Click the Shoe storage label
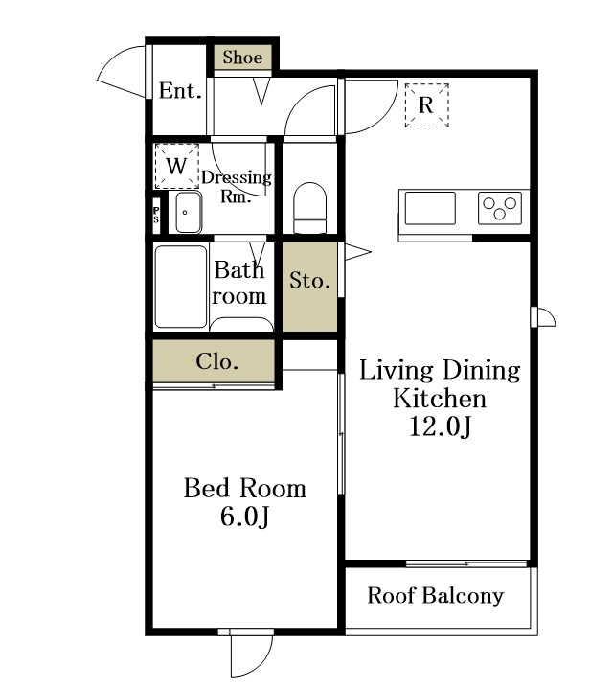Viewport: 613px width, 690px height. pyautogui.click(x=242, y=57)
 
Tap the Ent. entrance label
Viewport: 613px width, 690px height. pyautogui.click(x=180, y=91)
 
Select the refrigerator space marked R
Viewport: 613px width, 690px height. pyautogui.click(x=426, y=105)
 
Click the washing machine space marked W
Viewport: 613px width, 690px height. pyautogui.click(x=177, y=166)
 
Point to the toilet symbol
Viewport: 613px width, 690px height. pyautogui.click(x=310, y=207)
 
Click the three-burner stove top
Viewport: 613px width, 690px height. pyautogui.click(x=500, y=208)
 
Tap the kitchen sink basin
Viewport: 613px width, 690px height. pyautogui.click(x=430, y=208)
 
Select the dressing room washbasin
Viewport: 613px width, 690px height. pyautogui.click(x=189, y=213)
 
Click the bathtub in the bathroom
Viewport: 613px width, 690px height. pyautogui.click(x=181, y=287)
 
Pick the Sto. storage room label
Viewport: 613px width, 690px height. pyautogui.click(x=309, y=281)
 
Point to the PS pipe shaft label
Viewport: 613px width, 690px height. pyautogui.click(x=156, y=215)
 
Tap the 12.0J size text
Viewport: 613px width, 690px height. pyautogui.click(x=441, y=426)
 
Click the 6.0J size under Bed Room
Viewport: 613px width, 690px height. pyautogui.click(x=244, y=517)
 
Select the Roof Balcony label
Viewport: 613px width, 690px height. pyautogui.click(x=436, y=596)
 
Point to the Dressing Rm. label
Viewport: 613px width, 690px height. pyautogui.click(x=237, y=187)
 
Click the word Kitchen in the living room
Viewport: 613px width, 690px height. pyautogui.click(x=440, y=399)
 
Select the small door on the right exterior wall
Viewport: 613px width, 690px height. pyautogui.click(x=543, y=317)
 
